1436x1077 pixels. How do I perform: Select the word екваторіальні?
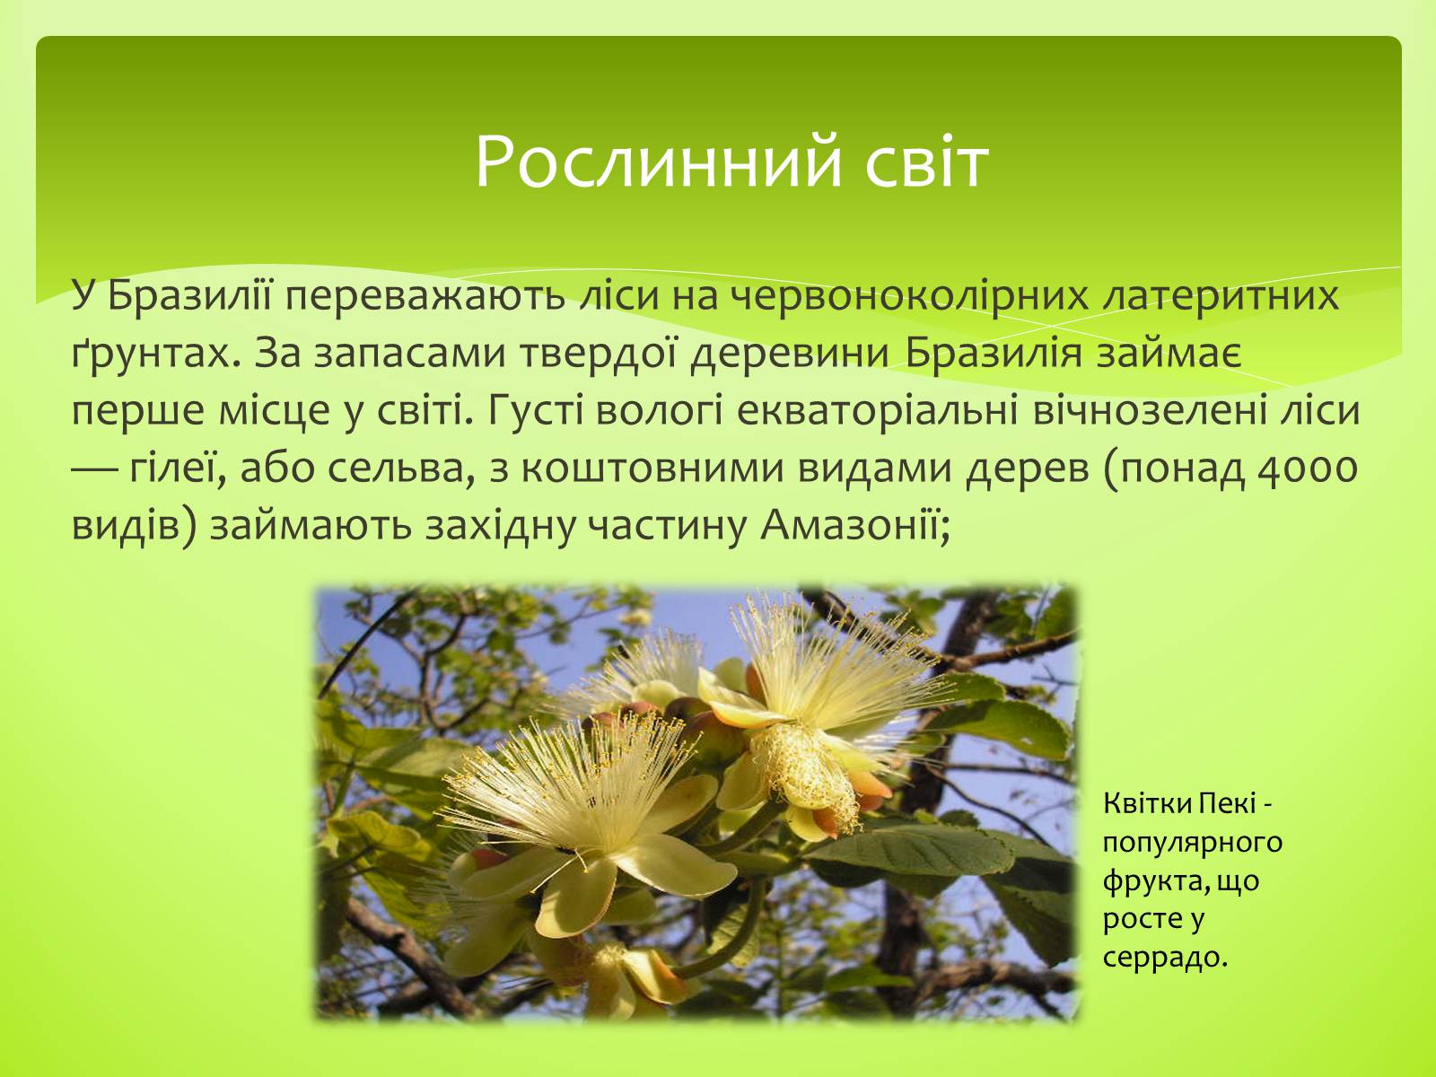click(x=877, y=412)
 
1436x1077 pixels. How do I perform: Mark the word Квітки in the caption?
click(x=1148, y=803)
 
